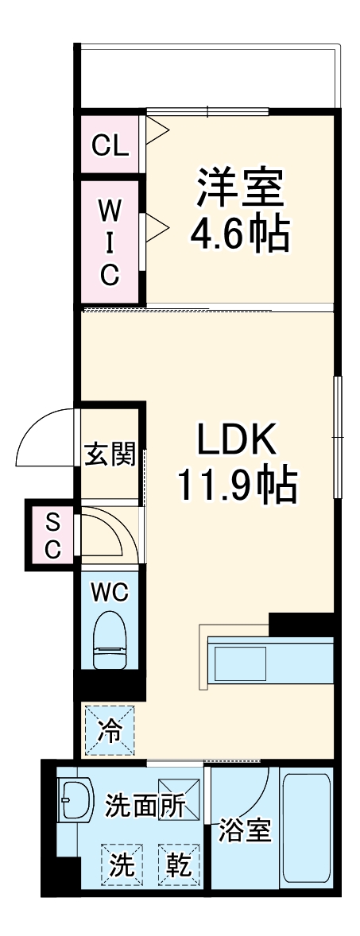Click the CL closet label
click(110, 145)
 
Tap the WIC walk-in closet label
click(110, 242)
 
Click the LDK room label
click(236, 439)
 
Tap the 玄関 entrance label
click(110, 456)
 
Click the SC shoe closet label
click(52, 535)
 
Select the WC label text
click(110, 592)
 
